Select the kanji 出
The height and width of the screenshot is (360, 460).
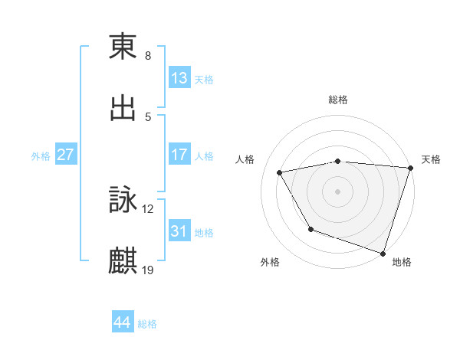123,108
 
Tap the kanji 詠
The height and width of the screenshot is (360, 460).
123,201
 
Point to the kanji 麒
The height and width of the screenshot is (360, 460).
123,261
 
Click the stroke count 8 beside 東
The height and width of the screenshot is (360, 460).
148,56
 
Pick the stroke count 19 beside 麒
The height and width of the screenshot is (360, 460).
148,270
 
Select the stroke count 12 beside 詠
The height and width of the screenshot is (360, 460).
148,209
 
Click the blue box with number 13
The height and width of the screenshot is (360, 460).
179,79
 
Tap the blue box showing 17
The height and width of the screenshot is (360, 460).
179,155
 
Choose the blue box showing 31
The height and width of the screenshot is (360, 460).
179,231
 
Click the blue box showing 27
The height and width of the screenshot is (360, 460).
66,155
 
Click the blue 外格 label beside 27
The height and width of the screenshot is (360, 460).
41,156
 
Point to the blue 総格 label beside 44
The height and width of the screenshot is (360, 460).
147,324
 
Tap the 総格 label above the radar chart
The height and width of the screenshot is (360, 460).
338,100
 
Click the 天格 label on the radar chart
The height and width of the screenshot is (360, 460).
431,159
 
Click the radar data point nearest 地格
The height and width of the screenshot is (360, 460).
383,253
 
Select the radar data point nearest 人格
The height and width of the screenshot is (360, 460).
280,172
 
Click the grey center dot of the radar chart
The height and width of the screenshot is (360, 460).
338,191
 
